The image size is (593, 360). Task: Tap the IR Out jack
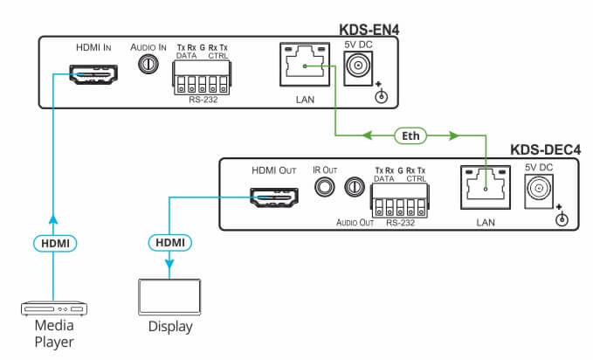click(x=325, y=186)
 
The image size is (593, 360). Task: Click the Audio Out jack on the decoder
click(x=355, y=187)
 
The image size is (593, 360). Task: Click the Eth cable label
click(x=409, y=135)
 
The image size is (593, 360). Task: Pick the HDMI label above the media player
click(x=52, y=240)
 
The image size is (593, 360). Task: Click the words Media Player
click(x=53, y=333)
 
